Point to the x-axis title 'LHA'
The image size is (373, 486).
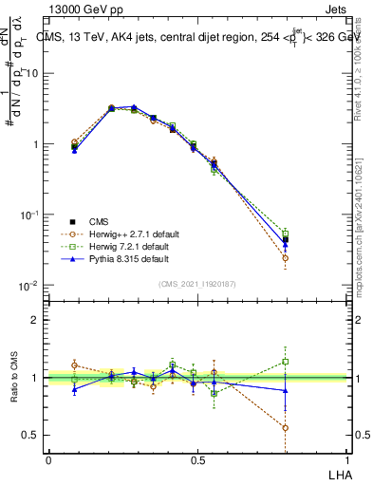click(339, 474)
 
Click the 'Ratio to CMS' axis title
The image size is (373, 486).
click(15, 377)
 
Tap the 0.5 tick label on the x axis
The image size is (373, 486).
click(197, 460)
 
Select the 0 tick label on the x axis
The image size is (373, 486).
click(48, 460)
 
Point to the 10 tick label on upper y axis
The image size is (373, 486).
click(32, 73)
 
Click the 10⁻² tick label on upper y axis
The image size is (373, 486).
click(30, 286)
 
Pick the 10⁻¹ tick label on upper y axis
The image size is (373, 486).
click(30, 215)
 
